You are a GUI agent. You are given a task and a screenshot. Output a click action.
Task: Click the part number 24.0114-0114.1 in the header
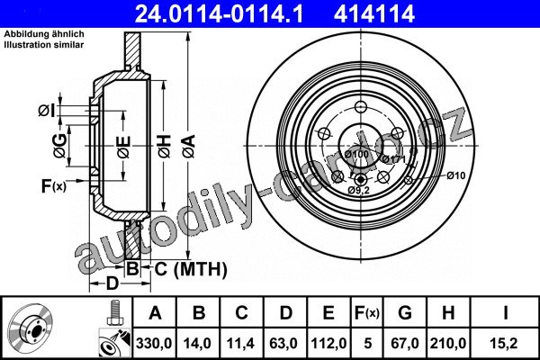219,13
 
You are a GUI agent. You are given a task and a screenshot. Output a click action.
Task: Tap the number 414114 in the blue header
373,13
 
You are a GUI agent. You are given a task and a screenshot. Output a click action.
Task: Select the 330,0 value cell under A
154,343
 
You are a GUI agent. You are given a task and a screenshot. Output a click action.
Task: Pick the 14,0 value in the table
197,343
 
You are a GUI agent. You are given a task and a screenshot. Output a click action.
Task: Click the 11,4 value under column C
240,343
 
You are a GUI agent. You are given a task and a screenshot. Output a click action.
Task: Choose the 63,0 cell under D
283,343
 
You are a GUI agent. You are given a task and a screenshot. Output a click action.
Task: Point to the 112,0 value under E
328,343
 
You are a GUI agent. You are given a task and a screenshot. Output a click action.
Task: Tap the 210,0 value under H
448,343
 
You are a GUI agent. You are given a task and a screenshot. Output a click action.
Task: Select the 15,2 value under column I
505,343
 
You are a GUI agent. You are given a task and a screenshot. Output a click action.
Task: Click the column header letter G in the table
405,313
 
